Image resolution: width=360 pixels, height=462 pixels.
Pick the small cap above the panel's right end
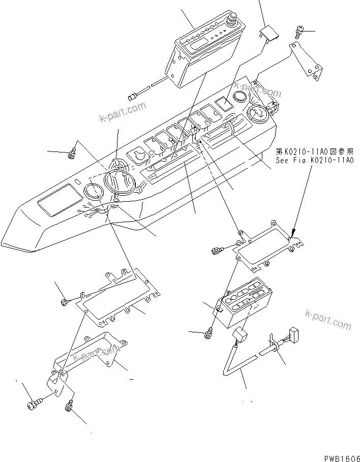pyautogui.click(x=269, y=34)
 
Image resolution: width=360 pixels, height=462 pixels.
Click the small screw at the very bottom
pyautogui.click(x=69, y=407)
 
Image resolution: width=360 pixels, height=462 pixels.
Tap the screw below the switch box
pyautogui.click(x=207, y=334)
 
